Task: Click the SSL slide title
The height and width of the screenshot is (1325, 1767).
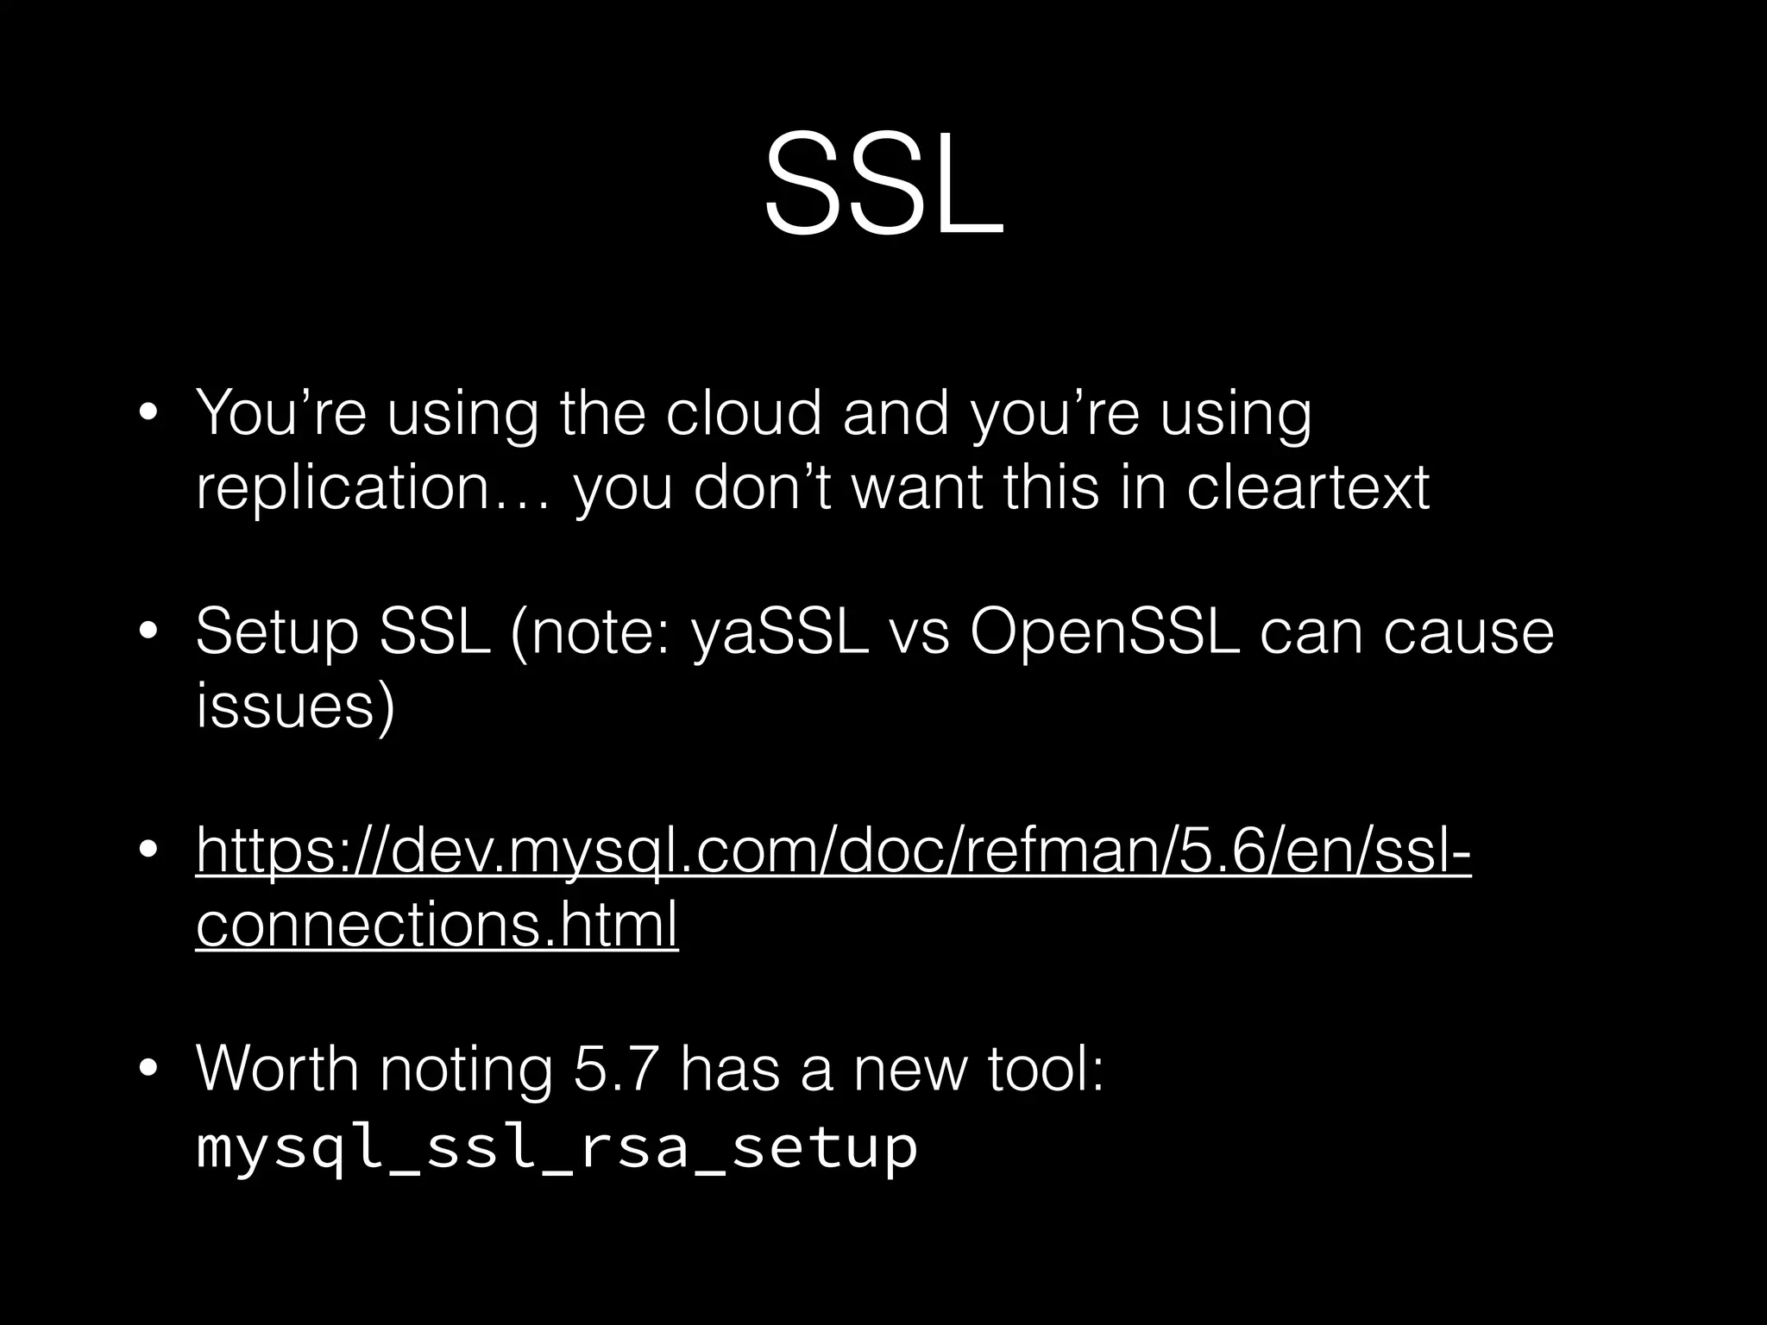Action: tap(883, 185)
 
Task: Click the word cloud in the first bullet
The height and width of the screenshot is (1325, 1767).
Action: tap(744, 414)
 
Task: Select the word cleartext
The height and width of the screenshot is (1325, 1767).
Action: tap(1308, 488)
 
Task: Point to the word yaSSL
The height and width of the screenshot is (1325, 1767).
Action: tap(780, 632)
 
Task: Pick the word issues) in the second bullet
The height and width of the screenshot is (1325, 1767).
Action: tap(295, 706)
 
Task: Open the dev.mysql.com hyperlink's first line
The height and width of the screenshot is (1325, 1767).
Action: tap(833, 852)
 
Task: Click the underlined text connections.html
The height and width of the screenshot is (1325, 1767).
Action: tap(437, 925)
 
